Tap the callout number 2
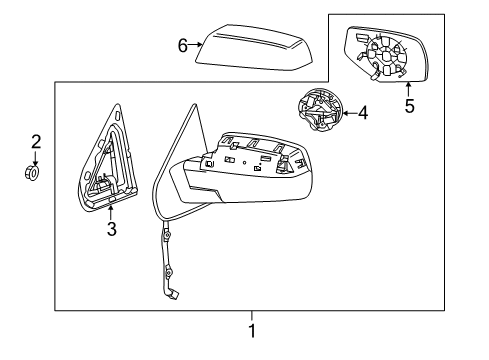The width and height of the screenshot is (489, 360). click(x=35, y=141)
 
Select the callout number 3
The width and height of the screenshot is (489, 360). click(x=112, y=229)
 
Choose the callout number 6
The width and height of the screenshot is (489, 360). click(x=182, y=45)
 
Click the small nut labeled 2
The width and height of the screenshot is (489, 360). click(x=32, y=172)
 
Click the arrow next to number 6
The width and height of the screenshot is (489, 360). click(x=196, y=45)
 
